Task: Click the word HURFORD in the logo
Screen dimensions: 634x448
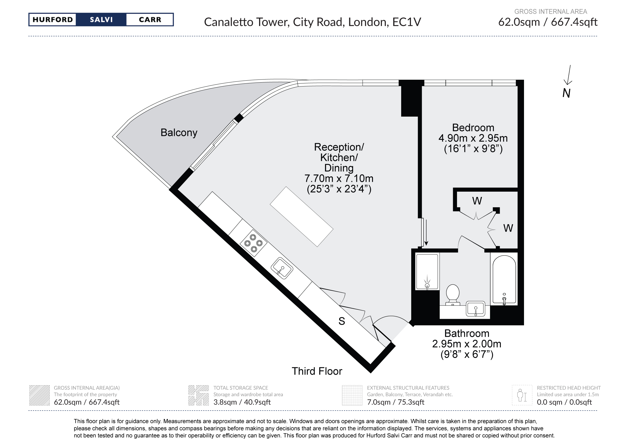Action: click(52, 20)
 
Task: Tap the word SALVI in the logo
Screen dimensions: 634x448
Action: click(101, 20)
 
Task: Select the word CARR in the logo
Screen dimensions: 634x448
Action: click(150, 20)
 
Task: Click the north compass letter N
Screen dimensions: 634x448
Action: click(566, 93)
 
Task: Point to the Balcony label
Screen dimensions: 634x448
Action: click(179, 133)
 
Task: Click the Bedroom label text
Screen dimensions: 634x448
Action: click(473, 127)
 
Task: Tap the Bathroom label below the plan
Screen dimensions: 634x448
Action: click(466, 333)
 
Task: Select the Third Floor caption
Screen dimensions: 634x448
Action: click(317, 371)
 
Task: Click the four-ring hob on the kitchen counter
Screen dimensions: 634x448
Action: click(253, 243)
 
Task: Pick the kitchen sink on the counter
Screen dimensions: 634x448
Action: click(282, 268)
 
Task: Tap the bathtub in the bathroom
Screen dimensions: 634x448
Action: click(504, 279)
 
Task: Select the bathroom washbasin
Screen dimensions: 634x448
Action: click(475, 309)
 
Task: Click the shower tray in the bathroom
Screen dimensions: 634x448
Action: click(427, 271)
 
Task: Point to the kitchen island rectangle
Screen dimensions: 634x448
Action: click(302, 217)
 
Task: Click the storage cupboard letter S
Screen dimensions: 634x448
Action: click(342, 321)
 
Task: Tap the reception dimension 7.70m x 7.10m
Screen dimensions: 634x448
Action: click(339, 178)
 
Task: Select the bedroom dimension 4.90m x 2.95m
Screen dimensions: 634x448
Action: click(473, 138)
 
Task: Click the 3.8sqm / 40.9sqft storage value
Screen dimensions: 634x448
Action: click(242, 402)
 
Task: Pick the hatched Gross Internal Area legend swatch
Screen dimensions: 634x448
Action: click(39, 395)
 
